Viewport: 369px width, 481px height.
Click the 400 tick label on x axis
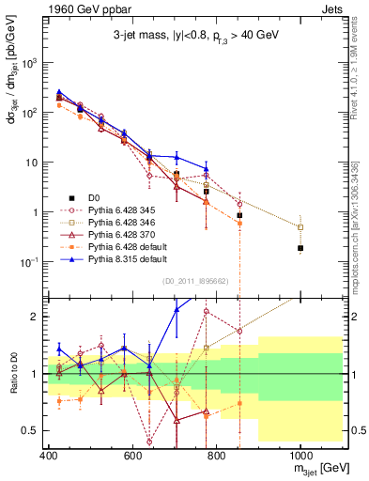pos(49,457)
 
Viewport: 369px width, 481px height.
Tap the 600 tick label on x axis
pos(132,457)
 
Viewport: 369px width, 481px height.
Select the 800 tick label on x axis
pos(216,457)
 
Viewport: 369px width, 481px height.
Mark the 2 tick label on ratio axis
pos(38,317)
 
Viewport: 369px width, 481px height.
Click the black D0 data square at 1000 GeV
pos(300,248)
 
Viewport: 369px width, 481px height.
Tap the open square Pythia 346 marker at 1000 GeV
pos(300,227)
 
